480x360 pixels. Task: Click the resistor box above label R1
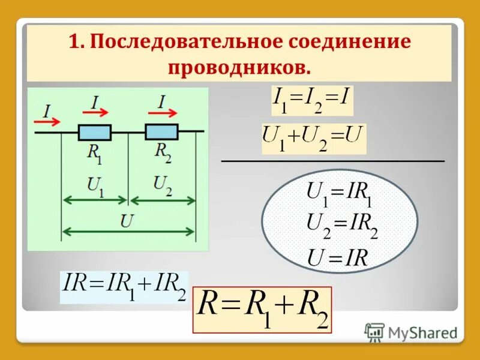(x=95, y=132)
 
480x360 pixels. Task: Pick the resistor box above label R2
(x=162, y=132)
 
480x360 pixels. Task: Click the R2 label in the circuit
(x=163, y=153)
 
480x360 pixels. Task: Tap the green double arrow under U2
(x=163, y=200)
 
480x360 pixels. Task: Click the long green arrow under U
(x=129, y=230)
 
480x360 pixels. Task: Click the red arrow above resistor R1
(x=98, y=112)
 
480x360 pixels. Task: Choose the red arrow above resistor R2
(x=166, y=112)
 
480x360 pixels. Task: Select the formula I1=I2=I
(x=312, y=101)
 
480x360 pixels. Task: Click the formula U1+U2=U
(x=313, y=139)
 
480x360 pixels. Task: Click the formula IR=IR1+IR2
(x=124, y=287)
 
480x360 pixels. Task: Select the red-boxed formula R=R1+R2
(x=262, y=310)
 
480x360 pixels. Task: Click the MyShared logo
(x=412, y=332)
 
